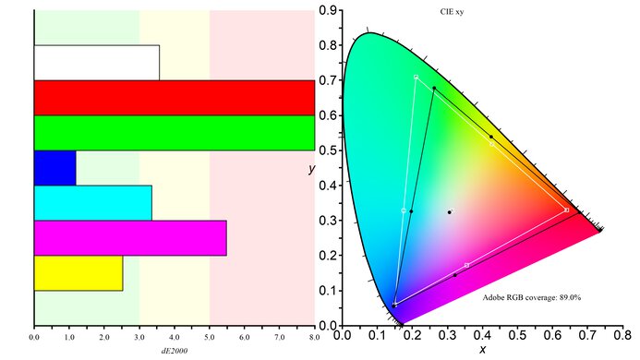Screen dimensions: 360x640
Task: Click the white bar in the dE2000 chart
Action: pos(96,62)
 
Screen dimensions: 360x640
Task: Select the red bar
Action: pos(174,97)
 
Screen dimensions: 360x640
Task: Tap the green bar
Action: pos(174,132)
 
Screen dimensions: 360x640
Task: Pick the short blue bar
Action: pos(54,167)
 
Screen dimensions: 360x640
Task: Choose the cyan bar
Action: pos(92,203)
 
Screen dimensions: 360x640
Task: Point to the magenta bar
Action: pos(129,238)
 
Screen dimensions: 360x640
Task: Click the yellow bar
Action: pos(78,273)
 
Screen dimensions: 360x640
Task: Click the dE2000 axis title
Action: pos(174,351)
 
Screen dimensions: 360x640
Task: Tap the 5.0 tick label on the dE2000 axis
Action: pos(210,339)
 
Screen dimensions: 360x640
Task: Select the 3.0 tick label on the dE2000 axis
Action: pos(139,339)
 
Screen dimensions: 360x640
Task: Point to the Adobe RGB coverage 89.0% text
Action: pos(531,297)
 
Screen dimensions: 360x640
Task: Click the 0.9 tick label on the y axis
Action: pos(327,10)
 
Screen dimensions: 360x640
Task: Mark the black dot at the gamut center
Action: pos(450,212)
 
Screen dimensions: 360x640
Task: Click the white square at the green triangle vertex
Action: pos(417,77)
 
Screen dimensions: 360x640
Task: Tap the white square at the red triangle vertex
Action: pos(566,210)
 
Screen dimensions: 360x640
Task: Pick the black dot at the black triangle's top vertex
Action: pos(434,88)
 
